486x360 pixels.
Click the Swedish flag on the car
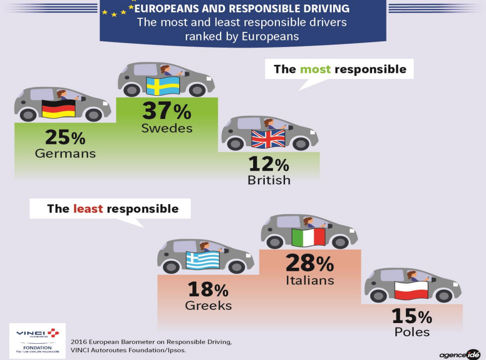(163, 86)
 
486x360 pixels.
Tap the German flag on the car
(58, 109)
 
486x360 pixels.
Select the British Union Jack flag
(268, 138)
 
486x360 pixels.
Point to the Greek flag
(202, 260)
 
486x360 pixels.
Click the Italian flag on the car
(309, 237)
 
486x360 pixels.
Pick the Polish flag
(411, 290)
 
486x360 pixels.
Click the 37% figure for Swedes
(167, 110)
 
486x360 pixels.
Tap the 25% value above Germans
(65, 137)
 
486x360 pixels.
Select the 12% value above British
(269, 164)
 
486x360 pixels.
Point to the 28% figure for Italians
(310, 263)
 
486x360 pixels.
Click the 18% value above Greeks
(208, 290)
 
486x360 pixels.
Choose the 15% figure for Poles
(412, 316)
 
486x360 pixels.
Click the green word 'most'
(315, 69)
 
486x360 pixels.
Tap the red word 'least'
(88, 209)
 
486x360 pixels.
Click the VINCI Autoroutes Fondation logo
(37, 340)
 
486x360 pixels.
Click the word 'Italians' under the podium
(310, 280)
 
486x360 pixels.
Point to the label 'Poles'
(412, 332)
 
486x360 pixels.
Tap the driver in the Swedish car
(166, 70)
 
